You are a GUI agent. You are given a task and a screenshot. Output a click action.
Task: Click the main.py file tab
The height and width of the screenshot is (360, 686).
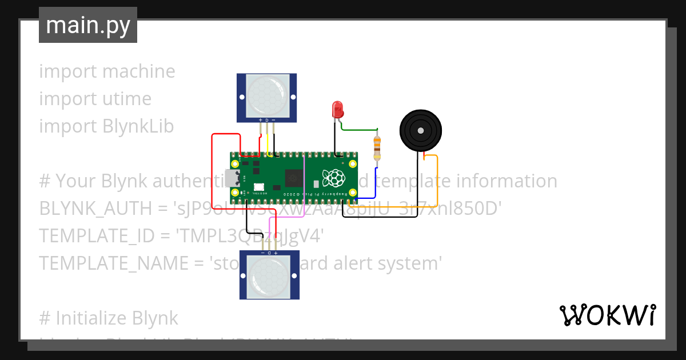click(x=87, y=25)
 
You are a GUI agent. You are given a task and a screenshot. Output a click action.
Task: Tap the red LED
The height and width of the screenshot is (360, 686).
click(x=337, y=108)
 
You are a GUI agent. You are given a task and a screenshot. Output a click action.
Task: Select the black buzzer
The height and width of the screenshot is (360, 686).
click(x=421, y=131)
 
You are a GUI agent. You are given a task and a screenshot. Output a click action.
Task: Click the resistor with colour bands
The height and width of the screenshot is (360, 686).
click(x=376, y=147)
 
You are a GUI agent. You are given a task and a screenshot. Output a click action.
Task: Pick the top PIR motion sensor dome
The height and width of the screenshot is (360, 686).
click(x=266, y=94)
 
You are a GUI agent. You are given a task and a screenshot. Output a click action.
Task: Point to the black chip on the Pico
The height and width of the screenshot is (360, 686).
click(x=294, y=178)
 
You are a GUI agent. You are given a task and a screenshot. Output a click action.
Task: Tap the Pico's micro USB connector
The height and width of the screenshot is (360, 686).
click(x=233, y=178)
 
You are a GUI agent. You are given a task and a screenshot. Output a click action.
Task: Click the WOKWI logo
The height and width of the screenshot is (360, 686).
click(x=607, y=315)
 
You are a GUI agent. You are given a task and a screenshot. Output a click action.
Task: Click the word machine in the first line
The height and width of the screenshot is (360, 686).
click(x=139, y=71)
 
